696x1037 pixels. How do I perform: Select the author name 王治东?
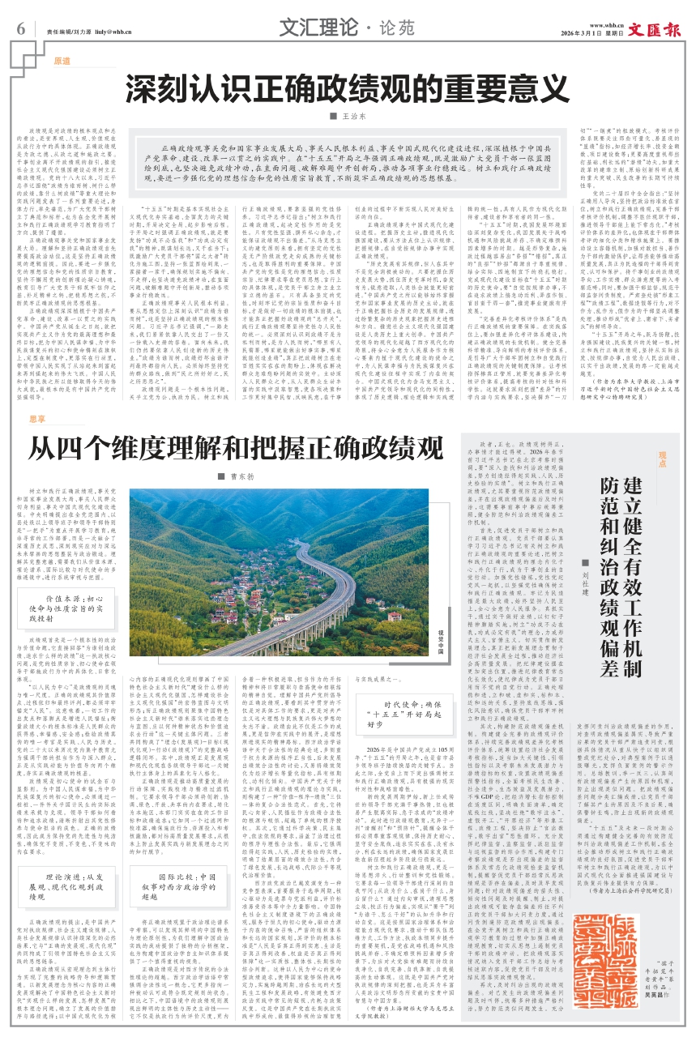click(349, 117)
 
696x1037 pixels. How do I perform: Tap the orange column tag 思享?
click(39, 420)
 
